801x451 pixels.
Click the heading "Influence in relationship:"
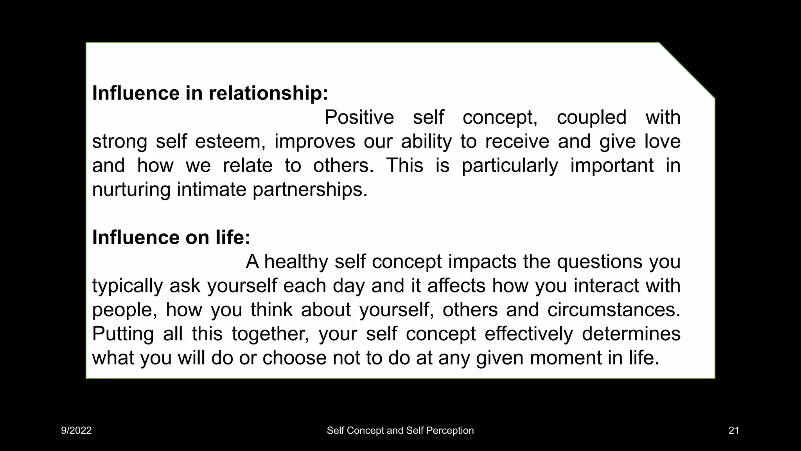[210, 93]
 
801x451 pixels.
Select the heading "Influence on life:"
[171, 237]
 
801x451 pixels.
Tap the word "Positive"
[359, 117]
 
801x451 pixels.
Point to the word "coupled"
[591, 117]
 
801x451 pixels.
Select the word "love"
[662, 141]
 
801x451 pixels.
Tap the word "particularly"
[510, 166]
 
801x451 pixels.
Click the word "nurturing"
[131, 189]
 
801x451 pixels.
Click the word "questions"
[600, 262]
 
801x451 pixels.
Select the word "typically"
[127, 286]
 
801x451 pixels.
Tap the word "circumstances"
[614, 310]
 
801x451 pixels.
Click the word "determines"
[631, 334]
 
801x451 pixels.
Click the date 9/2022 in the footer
[76, 431]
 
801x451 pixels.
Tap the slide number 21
[734, 431]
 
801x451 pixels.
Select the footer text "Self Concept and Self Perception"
[400, 431]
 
